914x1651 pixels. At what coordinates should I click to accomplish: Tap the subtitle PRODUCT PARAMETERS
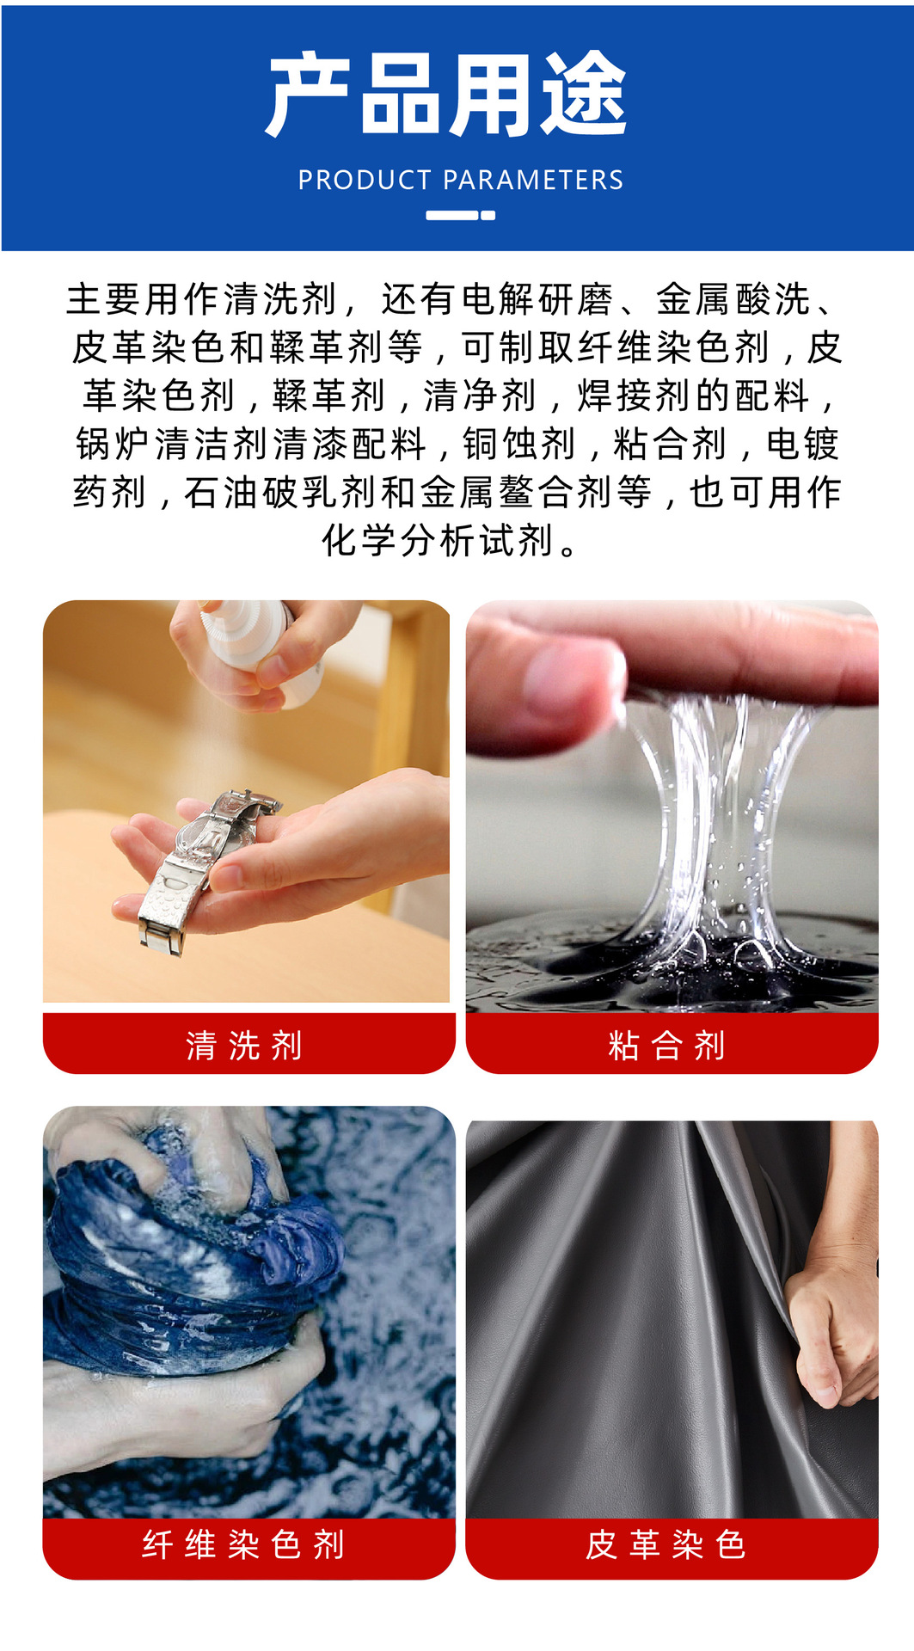tap(460, 181)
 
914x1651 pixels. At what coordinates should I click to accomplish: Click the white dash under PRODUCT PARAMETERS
tap(460, 216)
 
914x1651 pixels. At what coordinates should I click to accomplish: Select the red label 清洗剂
tap(248, 1045)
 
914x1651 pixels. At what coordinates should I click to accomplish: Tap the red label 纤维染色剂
tap(248, 1544)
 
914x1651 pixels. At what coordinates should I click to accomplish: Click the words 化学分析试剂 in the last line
tap(437, 541)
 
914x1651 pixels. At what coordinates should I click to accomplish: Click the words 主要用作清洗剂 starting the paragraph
tap(202, 300)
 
